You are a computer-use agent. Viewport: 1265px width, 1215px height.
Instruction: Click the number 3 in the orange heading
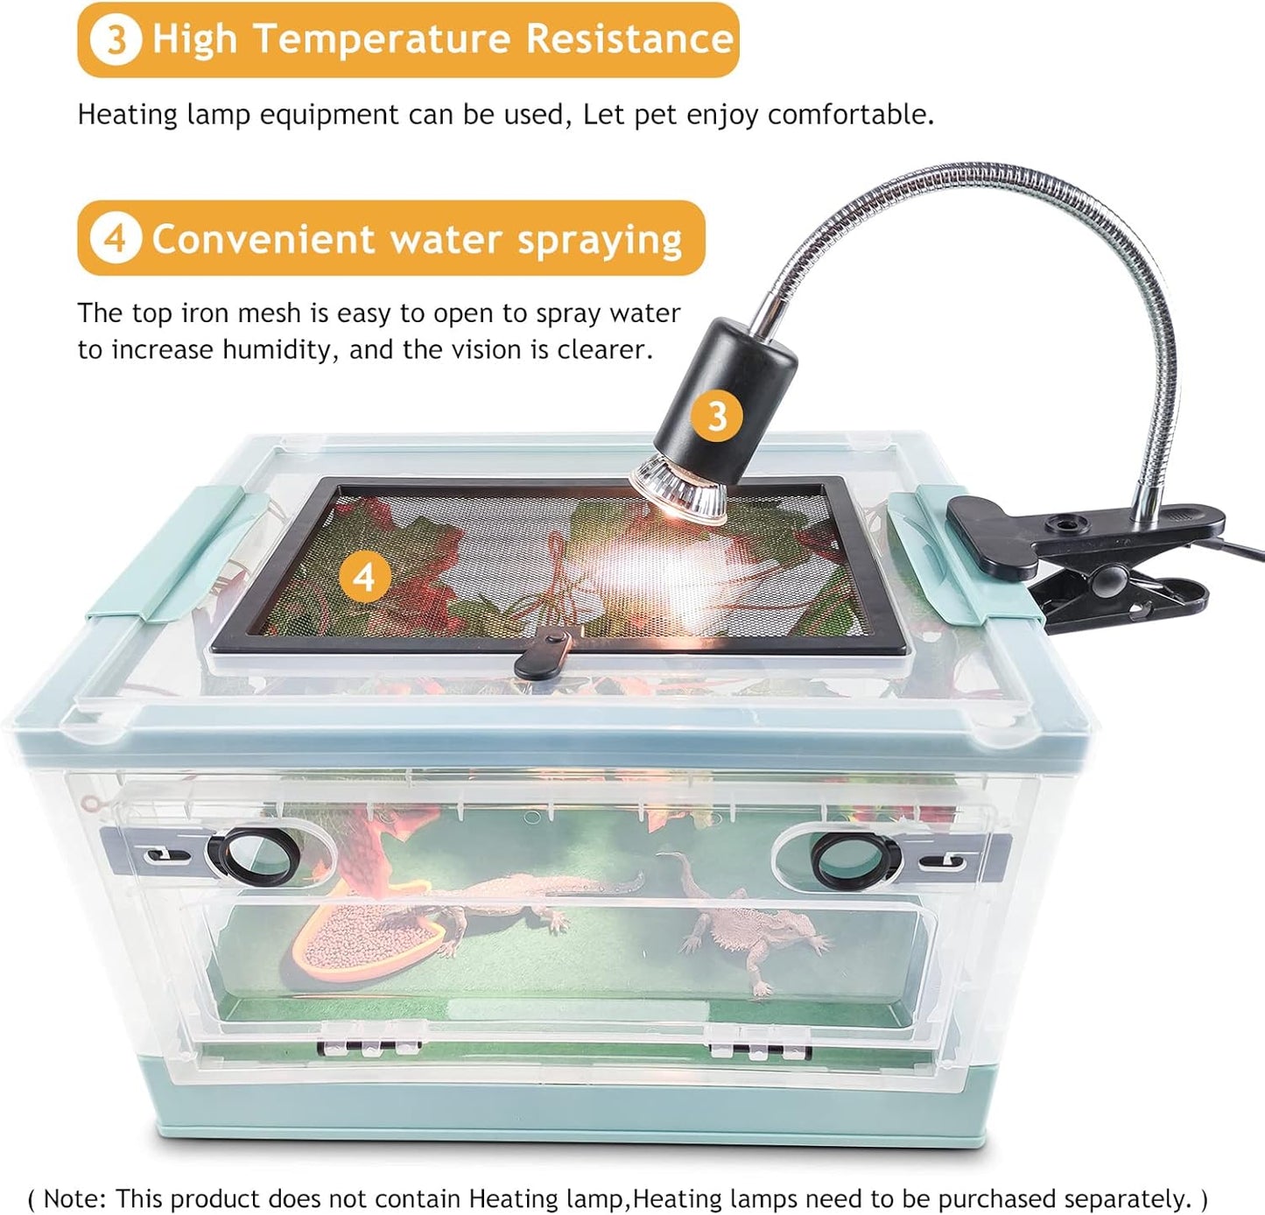115,39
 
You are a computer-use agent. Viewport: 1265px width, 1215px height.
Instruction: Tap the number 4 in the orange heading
116,238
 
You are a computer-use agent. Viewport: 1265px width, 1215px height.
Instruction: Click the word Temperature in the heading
382,39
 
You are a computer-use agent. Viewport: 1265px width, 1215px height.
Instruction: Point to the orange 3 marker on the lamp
716,416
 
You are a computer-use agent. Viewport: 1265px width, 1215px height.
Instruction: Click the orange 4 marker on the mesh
363,578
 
